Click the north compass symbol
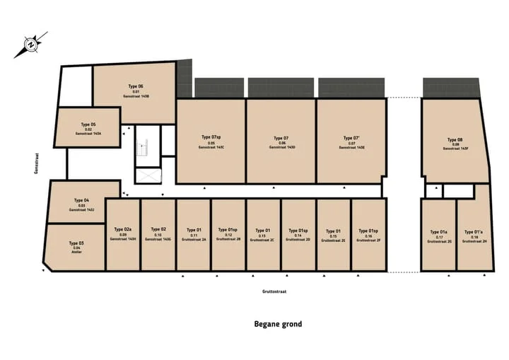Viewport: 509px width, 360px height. point(30,45)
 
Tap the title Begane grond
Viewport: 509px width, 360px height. point(278,325)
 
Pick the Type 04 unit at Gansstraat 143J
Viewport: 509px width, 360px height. point(83,204)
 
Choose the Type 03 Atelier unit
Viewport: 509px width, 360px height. point(76,246)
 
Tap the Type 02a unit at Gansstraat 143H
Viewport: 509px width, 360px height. point(123,234)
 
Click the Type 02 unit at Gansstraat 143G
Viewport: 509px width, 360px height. point(158,234)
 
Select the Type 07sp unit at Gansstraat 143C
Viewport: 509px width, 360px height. point(211,141)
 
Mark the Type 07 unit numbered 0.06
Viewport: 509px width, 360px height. point(281,141)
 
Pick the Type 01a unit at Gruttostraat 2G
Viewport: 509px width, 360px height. point(438,236)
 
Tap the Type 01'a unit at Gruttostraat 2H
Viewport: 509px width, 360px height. point(473,236)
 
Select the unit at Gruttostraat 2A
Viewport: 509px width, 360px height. point(194,234)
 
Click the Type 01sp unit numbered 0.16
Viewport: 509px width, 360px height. point(368,234)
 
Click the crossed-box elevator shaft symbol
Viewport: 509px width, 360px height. point(148,177)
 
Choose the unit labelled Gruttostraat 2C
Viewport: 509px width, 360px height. point(263,234)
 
